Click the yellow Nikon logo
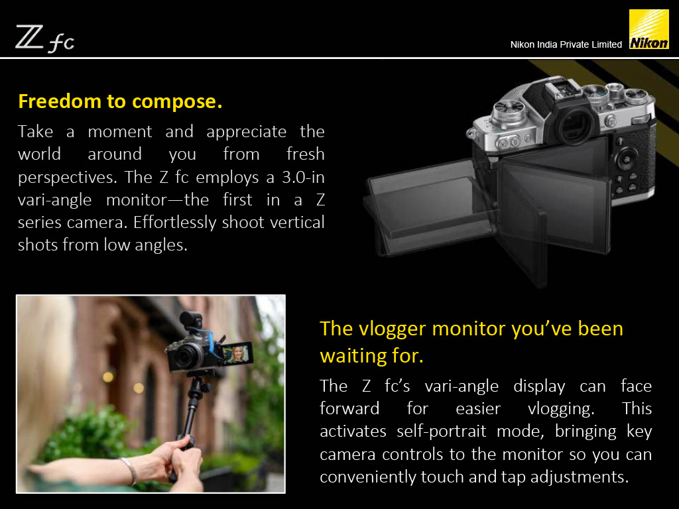click(x=648, y=29)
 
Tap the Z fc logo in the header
click(x=45, y=39)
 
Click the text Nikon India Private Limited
click(x=566, y=44)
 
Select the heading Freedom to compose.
click(x=120, y=101)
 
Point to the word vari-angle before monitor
click(x=54, y=200)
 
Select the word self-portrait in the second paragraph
click(x=441, y=431)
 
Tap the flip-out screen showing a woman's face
click(x=237, y=354)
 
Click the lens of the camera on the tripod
click(x=188, y=356)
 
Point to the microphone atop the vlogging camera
click(x=191, y=320)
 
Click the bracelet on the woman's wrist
click(x=130, y=471)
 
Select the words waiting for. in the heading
click(x=371, y=356)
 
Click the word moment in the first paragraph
click(x=120, y=132)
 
